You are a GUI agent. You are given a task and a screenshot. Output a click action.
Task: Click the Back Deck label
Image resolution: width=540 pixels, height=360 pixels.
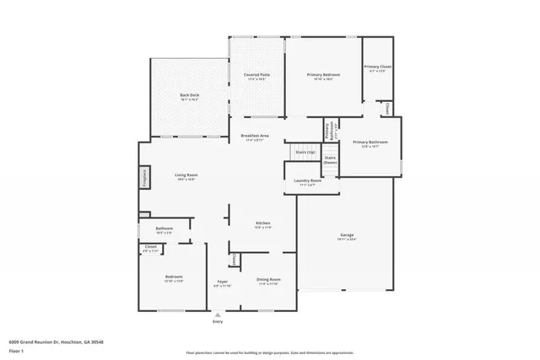(x=189, y=95)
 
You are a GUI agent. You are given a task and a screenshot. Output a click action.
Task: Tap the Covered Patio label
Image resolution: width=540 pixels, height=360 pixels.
(x=256, y=75)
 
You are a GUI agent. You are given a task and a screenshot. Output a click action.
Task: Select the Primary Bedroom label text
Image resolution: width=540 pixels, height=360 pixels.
(x=325, y=75)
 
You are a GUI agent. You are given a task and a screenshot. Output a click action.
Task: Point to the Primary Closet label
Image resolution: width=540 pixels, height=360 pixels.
(x=377, y=67)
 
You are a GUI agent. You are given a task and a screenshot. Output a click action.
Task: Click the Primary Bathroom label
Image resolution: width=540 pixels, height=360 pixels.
(x=370, y=142)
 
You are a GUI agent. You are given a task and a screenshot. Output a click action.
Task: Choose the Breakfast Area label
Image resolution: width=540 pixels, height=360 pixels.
(x=255, y=136)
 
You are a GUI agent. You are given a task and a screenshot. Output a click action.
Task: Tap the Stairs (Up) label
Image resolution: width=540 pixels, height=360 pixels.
(x=305, y=152)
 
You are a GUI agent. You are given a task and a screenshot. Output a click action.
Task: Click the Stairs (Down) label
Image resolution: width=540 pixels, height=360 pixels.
(x=332, y=159)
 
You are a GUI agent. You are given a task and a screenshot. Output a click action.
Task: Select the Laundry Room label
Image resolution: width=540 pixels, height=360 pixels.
(x=307, y=181)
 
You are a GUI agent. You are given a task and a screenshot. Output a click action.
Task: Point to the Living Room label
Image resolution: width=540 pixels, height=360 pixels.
(x=186, y=175)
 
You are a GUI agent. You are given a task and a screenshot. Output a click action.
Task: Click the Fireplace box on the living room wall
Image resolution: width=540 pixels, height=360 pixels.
(x=144, y=179)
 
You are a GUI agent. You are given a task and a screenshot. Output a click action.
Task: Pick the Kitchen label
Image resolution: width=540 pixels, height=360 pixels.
(x=262, y=223)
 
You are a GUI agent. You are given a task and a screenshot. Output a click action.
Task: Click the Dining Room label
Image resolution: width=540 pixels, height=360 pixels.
(x=268, y=279)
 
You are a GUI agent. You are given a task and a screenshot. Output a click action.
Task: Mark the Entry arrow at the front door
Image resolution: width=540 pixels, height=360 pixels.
(x=218, y=315)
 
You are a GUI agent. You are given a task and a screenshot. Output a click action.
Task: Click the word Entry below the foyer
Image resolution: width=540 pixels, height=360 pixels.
(x=218, y=322)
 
